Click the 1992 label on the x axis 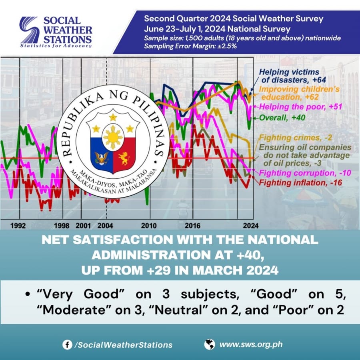(18, 226)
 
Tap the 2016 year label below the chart (192, 226)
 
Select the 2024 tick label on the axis (251, 226)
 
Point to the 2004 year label (105, 226)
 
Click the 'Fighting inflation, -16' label (300, 183)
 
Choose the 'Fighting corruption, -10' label (305, 173)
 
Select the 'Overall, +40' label (282, 118)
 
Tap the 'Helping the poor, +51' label (301, 107)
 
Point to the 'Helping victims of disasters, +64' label (292, 76)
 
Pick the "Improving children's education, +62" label (299, 93)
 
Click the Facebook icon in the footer (67, 345)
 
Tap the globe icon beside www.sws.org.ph (209, 344)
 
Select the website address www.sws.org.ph (251, 344)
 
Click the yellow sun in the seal (113, 137)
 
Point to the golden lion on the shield (124, 158)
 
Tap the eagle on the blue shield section (102, 158)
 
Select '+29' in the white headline (159, 270)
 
